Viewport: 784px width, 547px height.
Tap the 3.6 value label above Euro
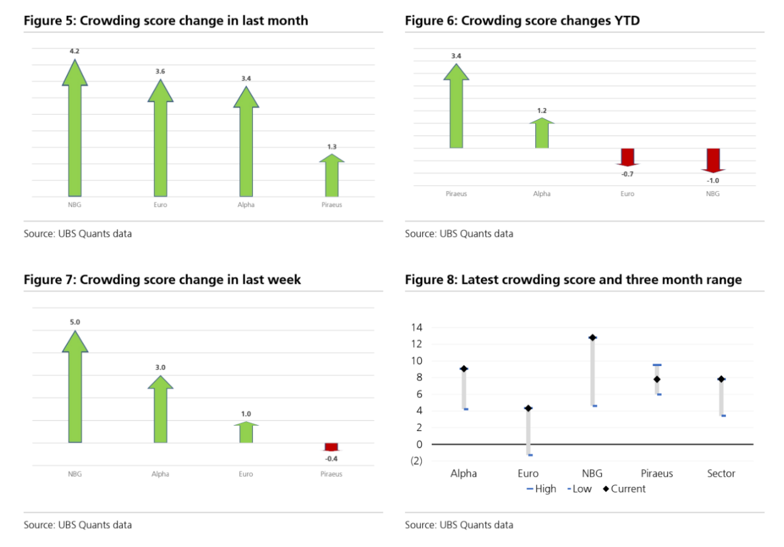click(160, 72)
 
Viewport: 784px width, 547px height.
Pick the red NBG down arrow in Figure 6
click(713, 160)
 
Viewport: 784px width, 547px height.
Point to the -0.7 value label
click(627, 174)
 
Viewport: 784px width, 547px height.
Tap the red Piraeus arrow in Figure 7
click(331, 447)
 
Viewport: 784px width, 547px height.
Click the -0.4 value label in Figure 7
click(331, 458)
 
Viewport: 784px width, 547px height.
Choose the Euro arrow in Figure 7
click(246, 432)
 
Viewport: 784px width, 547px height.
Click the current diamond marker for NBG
click(592, 338)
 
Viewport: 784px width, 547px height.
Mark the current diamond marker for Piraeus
click(657, 380)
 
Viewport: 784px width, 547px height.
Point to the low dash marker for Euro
click(530, 455)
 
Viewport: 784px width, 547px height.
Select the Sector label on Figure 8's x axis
click(721, 473)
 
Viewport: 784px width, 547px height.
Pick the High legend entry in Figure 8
click(541, 489)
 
